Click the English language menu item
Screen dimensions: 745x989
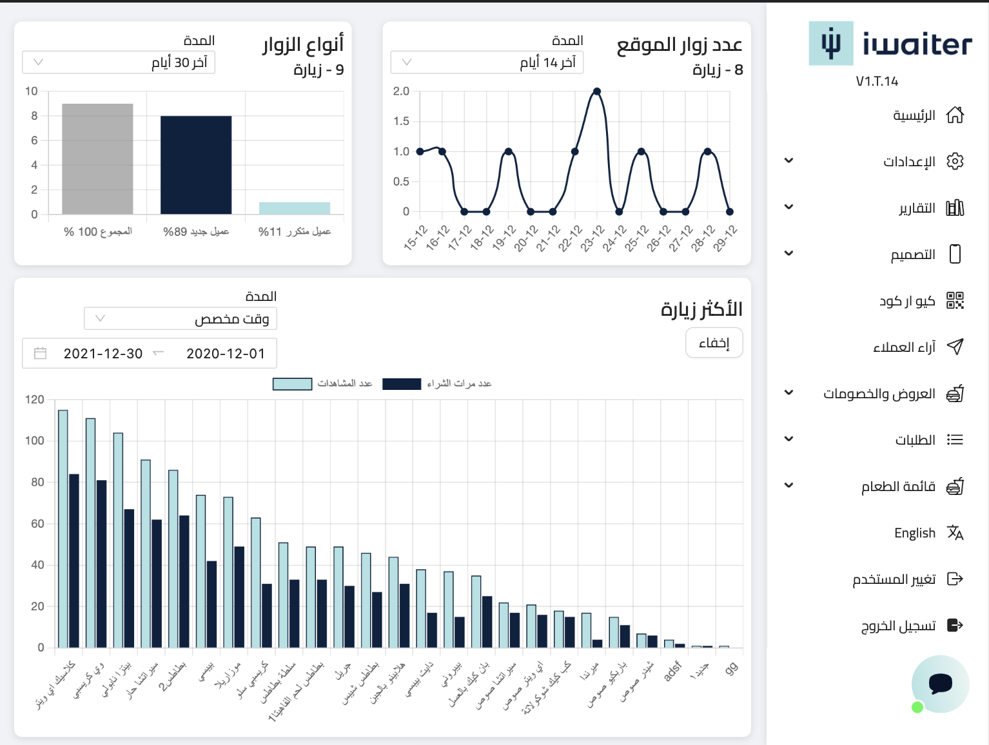click(x=914, y=533)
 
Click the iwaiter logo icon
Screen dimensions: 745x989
click(x=831, y=44)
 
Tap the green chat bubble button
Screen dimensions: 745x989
click(x=940, y=684)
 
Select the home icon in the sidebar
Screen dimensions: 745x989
click(x=955, y=115)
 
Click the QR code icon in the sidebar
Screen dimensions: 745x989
click(x=955, y=300)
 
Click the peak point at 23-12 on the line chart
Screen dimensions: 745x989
click(x=597, y=92)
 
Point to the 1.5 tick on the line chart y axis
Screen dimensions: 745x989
click(x=401, y=121)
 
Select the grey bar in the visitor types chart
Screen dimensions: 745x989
click(x=97, y=159)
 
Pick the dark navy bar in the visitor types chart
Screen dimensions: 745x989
click(x=196, y=165)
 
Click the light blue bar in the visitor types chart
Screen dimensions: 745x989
click(x=295, y=208)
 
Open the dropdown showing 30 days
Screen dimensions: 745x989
click(x=119, y=63)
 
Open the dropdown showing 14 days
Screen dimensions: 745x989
click(x=487, y=63)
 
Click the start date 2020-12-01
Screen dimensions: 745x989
click(x=226, y=354)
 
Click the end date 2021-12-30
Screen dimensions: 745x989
click(x=103, y=354)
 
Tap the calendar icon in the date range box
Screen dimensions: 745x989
click(x=40, y=353)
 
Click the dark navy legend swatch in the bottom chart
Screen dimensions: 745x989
click(x=402, y=384)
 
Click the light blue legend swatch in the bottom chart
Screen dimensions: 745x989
click(x=292, y=384)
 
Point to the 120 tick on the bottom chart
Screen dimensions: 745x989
click(x=35, y=400)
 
